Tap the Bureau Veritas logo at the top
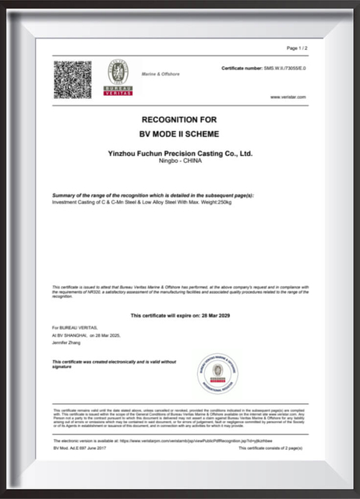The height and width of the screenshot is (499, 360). [118, 77]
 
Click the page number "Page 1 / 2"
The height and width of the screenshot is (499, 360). [298, 48]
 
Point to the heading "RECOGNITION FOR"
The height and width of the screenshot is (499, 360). [179, 120]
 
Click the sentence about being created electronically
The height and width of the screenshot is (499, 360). [101, 363]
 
